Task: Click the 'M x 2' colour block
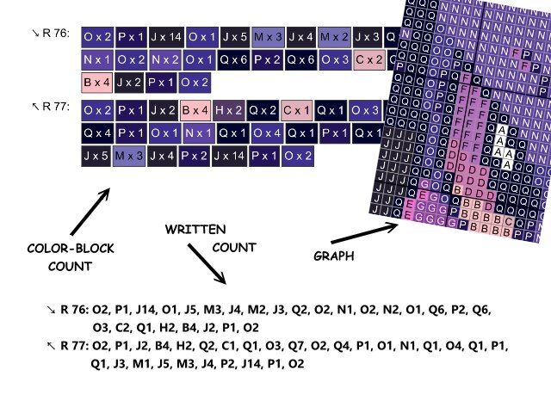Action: click(335, 37)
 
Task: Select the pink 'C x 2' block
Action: click(368, 60)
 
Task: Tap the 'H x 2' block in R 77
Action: click(229, 110)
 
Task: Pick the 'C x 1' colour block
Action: click(296, 110)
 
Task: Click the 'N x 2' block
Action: click(163, 60)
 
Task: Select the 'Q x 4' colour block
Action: click(96, 133)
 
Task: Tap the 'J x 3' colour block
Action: click(368, 37)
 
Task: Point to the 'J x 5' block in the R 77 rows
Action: click(96, 157)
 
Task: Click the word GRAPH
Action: click(331, 255)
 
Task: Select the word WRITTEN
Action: click(195, 230)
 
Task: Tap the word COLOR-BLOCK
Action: click(69, 249)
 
